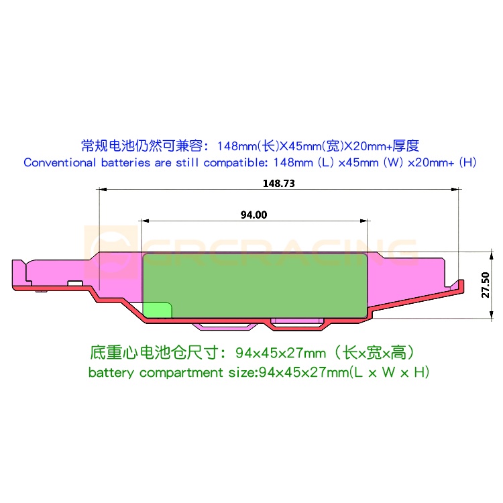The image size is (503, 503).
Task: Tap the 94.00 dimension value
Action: tap(254, 215)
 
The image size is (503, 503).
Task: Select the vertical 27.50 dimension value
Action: tap(485, 284)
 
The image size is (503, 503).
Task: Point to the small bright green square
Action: tap(158, 309)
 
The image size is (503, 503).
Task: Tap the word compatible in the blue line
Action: tap(233, 162)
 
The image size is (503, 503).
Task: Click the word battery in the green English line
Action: tap(112, 373)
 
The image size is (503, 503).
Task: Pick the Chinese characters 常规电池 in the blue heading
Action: tap(107, 146)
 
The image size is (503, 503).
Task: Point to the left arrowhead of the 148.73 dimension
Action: tap(102, 190)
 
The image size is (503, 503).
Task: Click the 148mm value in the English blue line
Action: tap(294, 162)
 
